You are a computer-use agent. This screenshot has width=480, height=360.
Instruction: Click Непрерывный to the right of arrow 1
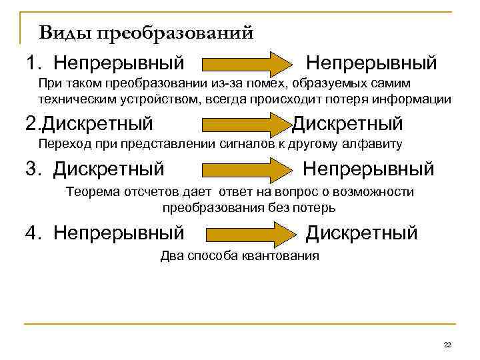coord(371,64)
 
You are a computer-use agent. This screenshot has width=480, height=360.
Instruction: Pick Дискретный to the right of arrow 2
coord(348,123)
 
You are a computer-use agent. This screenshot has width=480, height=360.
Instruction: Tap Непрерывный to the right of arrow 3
coord(368,169)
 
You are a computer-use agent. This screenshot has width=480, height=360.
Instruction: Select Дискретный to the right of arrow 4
coord(361,233)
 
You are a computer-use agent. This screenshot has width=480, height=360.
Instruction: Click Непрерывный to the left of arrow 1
coord(119,64)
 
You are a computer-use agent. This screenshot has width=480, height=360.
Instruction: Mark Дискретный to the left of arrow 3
coord(109,169)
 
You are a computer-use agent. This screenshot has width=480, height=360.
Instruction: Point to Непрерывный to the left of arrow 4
coord(119,233)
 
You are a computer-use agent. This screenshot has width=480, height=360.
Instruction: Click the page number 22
coord(447,344)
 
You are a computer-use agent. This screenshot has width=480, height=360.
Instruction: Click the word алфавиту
coord(374,144)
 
